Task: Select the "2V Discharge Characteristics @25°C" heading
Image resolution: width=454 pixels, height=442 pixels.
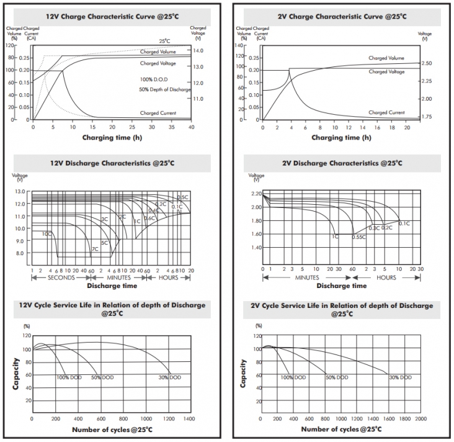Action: coord(342,163)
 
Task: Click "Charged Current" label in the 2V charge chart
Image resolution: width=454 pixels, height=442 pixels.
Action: coord(386,112)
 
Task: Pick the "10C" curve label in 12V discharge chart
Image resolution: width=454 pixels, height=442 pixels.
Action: coord(47,234)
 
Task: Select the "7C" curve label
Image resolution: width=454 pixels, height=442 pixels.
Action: coord(95,249)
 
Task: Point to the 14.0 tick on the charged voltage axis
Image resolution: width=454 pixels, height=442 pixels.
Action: coord(199,50)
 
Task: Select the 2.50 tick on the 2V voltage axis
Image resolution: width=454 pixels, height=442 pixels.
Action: coord(425,63)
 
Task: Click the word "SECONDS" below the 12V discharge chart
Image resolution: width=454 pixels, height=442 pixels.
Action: coord(61,277)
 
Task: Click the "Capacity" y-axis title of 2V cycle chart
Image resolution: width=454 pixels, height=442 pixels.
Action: coord(243,372)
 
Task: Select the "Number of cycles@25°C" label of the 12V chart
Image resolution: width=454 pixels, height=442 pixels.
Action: coord(112,429)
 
